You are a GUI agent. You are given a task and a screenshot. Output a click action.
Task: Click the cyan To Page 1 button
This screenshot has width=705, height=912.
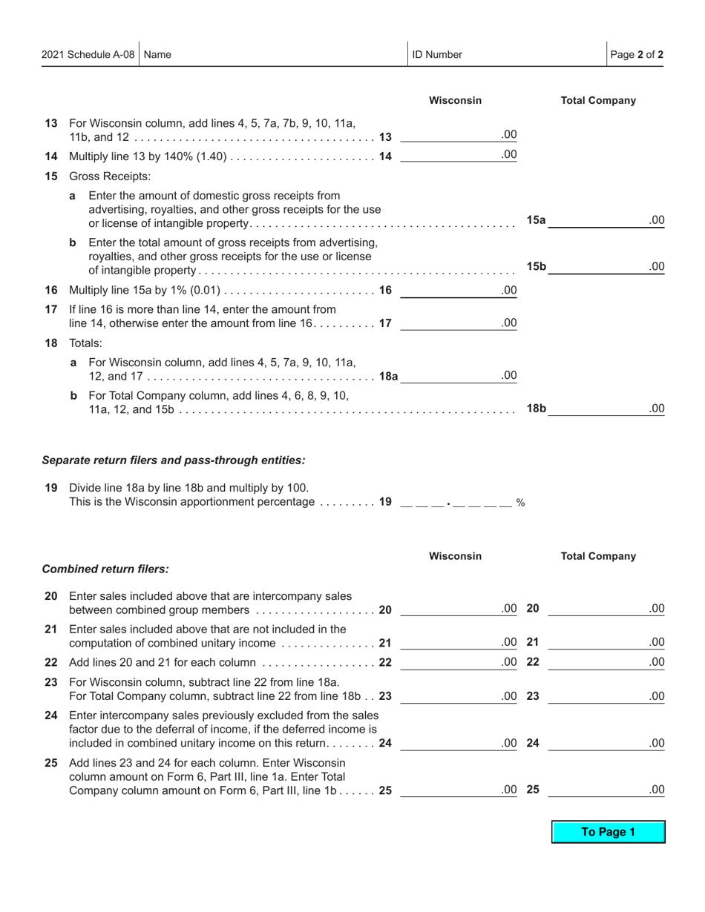click(608, 832)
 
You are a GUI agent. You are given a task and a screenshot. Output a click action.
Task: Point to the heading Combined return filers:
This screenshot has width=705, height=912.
click(105, 569)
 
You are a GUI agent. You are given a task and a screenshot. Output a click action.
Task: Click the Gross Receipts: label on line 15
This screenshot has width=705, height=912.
click(110, 176)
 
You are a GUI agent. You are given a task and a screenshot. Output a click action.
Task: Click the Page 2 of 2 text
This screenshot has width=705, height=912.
click(637, 54)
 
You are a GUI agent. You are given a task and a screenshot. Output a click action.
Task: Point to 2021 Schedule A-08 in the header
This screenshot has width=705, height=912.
click(88, 54)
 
